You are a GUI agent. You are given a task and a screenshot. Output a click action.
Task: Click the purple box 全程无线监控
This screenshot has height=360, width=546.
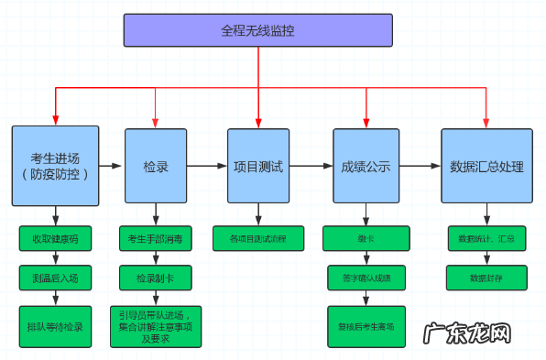[x=257, y=30]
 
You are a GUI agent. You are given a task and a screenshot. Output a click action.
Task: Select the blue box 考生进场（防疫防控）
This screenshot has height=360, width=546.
[x=54, y=166]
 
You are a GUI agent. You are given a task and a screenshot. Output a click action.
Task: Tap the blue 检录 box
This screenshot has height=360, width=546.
[x=155, y=166]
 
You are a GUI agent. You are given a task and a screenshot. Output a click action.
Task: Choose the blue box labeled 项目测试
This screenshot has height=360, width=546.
[x=258, y=166]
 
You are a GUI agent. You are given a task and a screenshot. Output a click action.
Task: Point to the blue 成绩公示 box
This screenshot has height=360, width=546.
[x=366, y=166]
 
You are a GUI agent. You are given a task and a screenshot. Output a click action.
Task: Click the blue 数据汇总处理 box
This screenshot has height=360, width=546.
[x=486, y=166]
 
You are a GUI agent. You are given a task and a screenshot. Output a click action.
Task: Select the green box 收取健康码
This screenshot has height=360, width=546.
[x=55, y=239]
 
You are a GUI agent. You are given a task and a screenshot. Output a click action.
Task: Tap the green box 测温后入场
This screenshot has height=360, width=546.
[x=55, y=278]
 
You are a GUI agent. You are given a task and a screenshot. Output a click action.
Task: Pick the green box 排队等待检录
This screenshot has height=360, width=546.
[x=55, y=326]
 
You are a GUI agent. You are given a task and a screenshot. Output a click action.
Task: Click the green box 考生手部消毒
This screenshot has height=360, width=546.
[x=155, y=239]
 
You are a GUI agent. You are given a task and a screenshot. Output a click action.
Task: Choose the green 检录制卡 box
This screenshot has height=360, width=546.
[x=155, y=278]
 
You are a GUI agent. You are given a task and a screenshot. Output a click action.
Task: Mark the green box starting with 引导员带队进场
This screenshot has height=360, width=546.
[x=155, y=326]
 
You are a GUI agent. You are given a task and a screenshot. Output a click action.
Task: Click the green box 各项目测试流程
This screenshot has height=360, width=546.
[x=258, y=239]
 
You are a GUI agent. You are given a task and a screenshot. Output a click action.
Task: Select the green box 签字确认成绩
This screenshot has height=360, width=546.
[x=366, y=278]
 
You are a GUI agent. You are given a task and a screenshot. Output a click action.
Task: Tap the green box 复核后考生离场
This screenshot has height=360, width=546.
[x=366, y=326]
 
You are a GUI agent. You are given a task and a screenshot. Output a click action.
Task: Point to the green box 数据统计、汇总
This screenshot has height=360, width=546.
[x=486, y=239]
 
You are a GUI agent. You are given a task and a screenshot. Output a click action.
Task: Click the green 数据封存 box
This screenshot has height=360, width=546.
[x=486, y=278]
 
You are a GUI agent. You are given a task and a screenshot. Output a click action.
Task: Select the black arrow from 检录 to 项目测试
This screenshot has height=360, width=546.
[x=207, y=166]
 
